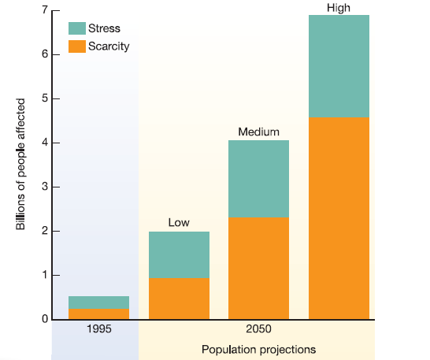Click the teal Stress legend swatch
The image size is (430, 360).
coord(77,29)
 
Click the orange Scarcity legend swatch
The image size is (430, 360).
coord(77,46)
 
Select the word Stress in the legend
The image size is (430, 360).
coord(104,29)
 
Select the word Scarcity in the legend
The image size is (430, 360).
coord(109,46)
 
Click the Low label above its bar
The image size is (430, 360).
coord(179,223)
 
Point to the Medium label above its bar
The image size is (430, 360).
coord(258,132)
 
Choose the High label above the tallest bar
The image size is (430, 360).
coord(339,8)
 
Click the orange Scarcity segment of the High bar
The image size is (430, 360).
coord(339,218)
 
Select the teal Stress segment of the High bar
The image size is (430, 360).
coord(339,66)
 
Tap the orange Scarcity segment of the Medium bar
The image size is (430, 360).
coord(258,268)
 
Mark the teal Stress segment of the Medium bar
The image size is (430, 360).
coord(258,178)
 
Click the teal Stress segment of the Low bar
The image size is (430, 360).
coord(179,254)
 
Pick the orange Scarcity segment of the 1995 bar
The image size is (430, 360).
coord(98,314)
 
